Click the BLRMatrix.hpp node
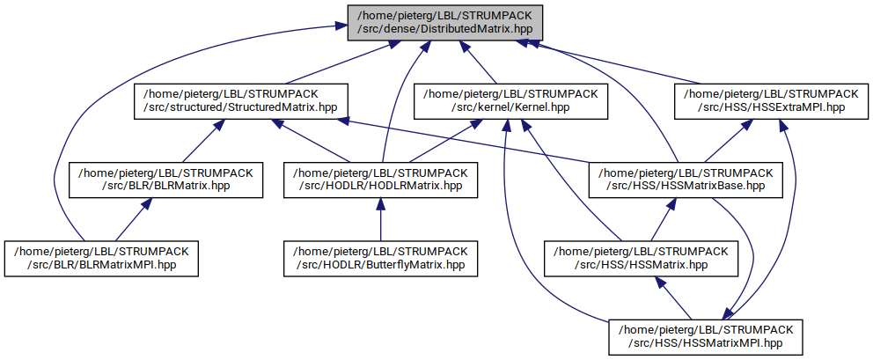(165, 179)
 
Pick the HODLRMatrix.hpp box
(380, 179)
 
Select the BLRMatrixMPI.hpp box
(99, 257)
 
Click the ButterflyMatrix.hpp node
(380, 257)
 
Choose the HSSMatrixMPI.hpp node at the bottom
(704, 335)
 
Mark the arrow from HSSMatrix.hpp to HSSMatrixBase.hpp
(661, 218)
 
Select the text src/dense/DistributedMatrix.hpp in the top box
(441, 29)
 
